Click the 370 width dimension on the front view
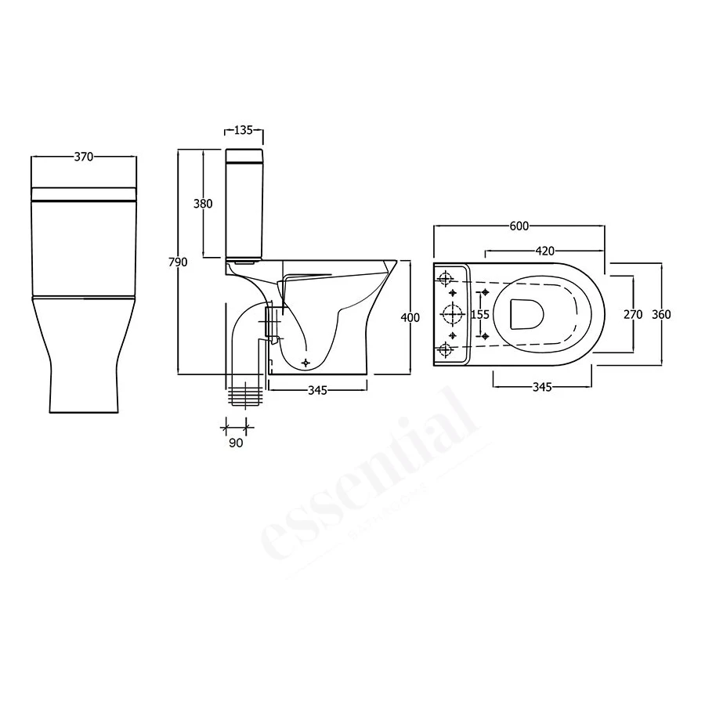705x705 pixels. coord(84,157)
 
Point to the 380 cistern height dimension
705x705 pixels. coord(203,204)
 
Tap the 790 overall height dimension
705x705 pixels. coord(179,262)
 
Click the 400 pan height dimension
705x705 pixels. coord(410,317)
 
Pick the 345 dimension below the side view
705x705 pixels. coord(316,389)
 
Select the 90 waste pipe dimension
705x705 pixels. coord(237,443)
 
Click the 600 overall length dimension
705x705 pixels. coord(519,226)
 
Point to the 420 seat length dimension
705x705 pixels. coord(545,251)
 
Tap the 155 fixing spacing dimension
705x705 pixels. coord(480,314)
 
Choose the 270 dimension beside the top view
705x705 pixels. coord(633,314)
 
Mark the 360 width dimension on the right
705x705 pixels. coord(661,314)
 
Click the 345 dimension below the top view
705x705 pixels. coord(542,387)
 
